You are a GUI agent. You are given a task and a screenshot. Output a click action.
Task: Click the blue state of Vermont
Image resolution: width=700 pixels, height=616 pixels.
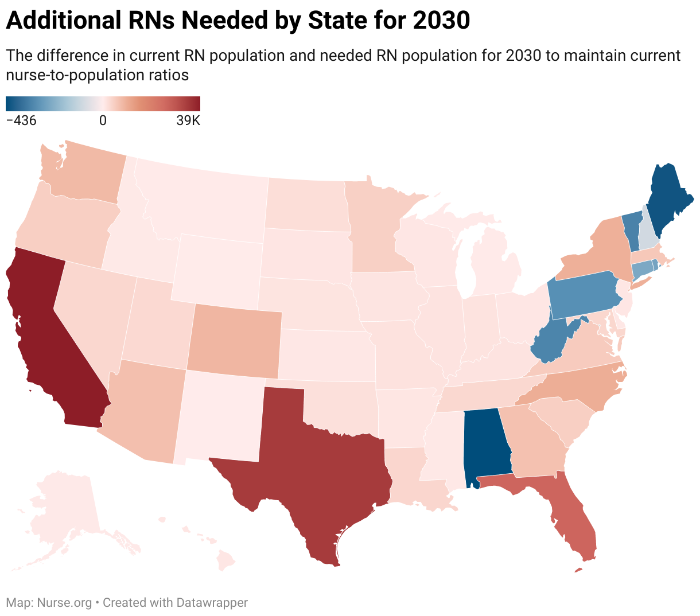pyautogui.click(x=631, y=229)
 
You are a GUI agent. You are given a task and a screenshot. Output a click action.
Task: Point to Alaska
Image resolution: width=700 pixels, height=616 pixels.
pyautogui.click(x=63, y=510)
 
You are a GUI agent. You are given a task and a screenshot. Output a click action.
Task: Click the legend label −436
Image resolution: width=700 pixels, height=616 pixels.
pyautogui.click(x=21, y=121)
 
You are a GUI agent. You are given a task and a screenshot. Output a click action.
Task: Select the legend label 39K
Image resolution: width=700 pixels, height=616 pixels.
pyautogui.click(x=188, y=121)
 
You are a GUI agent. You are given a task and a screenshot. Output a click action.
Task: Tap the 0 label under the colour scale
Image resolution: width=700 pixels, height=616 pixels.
pyautogui.click(x=103, y=121)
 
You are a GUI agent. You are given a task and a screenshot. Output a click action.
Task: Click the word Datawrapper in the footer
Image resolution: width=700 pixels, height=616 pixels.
pyautogui.click(x=212, y=603)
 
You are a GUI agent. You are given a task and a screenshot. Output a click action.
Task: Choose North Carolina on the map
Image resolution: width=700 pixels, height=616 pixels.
pyautogui.click(x=580, y=390)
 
